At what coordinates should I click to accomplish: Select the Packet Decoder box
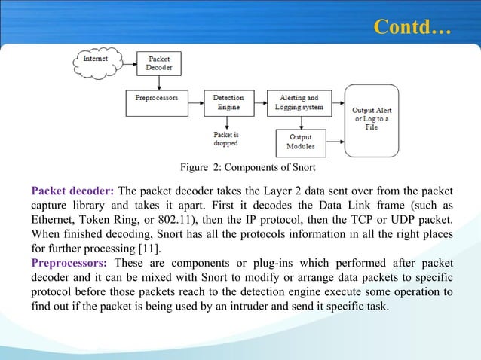point(158,63)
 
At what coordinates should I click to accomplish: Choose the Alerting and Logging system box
point(299,102)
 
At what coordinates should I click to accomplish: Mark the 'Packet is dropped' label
point(226,139)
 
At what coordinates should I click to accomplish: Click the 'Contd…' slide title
point(412,28)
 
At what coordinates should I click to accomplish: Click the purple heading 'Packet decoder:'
point(72,188)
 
